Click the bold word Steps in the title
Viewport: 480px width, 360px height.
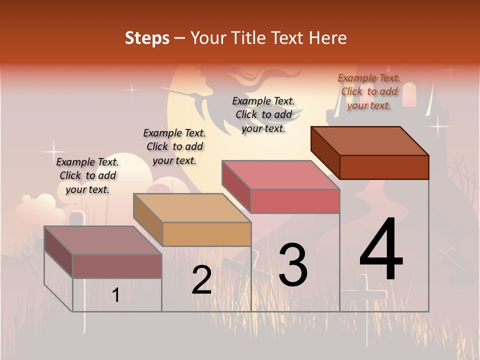(x=147, y=38)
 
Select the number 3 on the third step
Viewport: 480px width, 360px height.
(x=293, y=265)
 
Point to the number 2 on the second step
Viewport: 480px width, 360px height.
(x=201, y=280)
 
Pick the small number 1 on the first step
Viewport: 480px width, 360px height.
(x=116, y=295)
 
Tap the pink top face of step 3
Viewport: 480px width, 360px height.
(x=280, y=175)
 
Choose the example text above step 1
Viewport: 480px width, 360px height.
(x=87, y=175)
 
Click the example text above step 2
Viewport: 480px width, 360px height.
(x=174, y=146)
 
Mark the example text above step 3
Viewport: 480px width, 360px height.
(x=263, y=114)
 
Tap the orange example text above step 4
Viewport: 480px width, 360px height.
(x=369, y=91)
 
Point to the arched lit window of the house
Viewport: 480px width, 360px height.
(x=409, y=94)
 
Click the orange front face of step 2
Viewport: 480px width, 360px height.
(x=207, y=234)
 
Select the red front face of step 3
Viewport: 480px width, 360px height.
(x=295, y=201)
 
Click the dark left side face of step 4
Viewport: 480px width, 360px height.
(x=325, y=152)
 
